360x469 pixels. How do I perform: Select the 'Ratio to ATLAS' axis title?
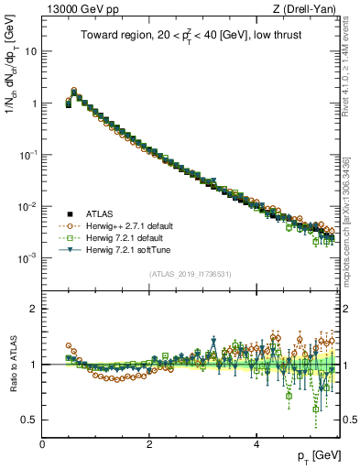[13, 365]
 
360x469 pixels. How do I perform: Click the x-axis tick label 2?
[149, 444]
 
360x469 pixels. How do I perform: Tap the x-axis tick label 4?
[256, 444]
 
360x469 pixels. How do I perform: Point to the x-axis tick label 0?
[43, 444]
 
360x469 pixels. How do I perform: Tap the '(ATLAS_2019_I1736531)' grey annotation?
[191, 274]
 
